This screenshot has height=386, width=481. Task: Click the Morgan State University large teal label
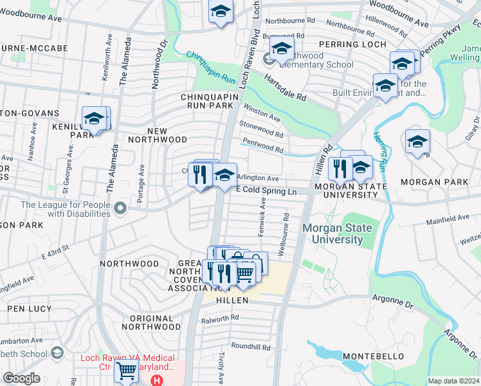click(332, 234)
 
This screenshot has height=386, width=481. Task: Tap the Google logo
click(22, 378)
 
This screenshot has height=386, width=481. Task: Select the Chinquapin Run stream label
click(212, 68)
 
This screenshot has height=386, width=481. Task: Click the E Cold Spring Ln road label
click(267, 190)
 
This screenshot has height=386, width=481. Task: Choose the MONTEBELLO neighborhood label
click(373, 356)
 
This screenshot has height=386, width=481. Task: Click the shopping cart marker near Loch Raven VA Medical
click(126, 371)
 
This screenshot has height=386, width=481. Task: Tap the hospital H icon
click(156, 380)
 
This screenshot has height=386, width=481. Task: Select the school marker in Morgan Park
click(417, 142)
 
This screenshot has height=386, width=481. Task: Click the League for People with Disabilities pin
click(123, 207)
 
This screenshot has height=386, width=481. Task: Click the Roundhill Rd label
click(251, 346)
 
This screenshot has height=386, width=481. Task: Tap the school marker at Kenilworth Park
click(94, 119)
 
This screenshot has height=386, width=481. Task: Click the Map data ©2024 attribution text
click(454, 381)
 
